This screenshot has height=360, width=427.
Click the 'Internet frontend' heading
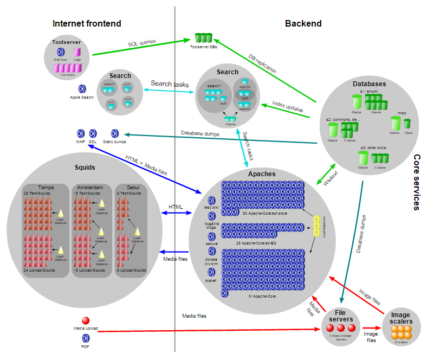[x=87, y=23]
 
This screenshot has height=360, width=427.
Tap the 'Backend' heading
[x=303, y=23]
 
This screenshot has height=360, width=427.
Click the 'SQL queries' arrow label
[x=142, y=42]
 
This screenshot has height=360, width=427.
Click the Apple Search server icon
[x=82, y=89]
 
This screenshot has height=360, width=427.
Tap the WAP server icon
[x=81, y=133]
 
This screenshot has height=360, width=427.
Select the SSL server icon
[x=93, y=133]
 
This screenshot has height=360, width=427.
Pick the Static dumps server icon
[x=115, y=133]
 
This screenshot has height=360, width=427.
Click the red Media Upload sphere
[x=85, y=322]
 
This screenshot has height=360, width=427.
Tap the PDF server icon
[x=85, y=339]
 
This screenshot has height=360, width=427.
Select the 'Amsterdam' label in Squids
[x=87, y=187]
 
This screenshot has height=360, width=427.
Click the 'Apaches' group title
[x=262, y=174]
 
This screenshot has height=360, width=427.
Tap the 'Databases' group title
[x=369, y=84]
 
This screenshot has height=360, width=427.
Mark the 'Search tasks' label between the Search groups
[x=170, y=84]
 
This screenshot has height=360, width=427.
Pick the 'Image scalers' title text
[x=401, y=318]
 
